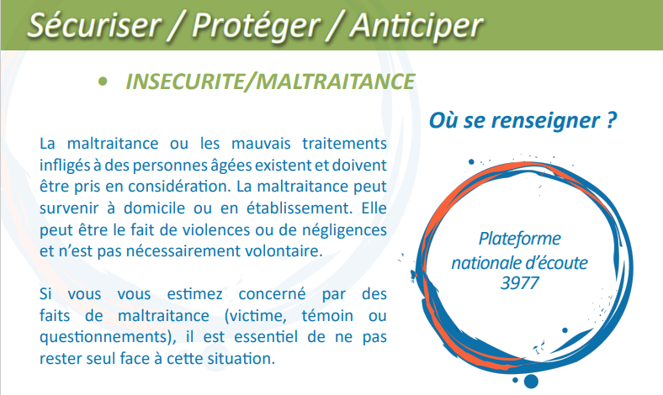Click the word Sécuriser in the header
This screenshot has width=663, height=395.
tap(94, 25)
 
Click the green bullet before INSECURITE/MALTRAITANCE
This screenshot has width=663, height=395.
tap(103, 82)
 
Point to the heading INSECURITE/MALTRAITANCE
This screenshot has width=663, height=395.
tap(270, 82)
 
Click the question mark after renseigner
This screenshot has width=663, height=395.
tap(611, 120)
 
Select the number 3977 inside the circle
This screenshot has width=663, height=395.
tap(519, 283)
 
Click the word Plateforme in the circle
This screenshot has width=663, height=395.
tap(519, 240)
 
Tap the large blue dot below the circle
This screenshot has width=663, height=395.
tap(531, 381)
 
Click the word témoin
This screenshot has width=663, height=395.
tap(327, 315)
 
